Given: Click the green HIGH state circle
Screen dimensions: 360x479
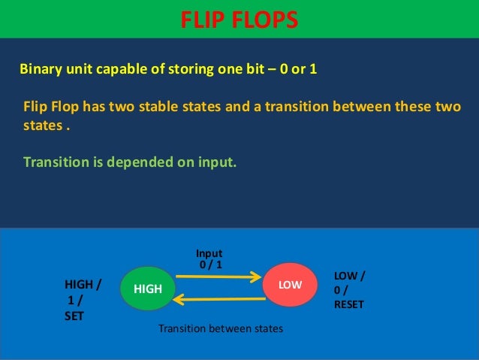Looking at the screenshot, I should click(147, 287).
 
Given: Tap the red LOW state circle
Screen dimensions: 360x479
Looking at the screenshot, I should click(290, 286).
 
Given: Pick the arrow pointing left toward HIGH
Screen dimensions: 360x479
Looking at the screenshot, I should click(219, 300).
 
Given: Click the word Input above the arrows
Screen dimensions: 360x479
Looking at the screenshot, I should click(209, 253).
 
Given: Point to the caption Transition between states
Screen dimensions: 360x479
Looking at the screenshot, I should click(221, 329).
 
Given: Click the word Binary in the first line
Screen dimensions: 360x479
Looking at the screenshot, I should click(39, 69).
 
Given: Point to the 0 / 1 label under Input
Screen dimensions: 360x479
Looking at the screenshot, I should click(211, 265).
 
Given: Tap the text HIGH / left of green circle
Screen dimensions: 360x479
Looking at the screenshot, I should click(83, 284).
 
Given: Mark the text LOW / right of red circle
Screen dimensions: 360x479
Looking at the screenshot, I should click(350, 276).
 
